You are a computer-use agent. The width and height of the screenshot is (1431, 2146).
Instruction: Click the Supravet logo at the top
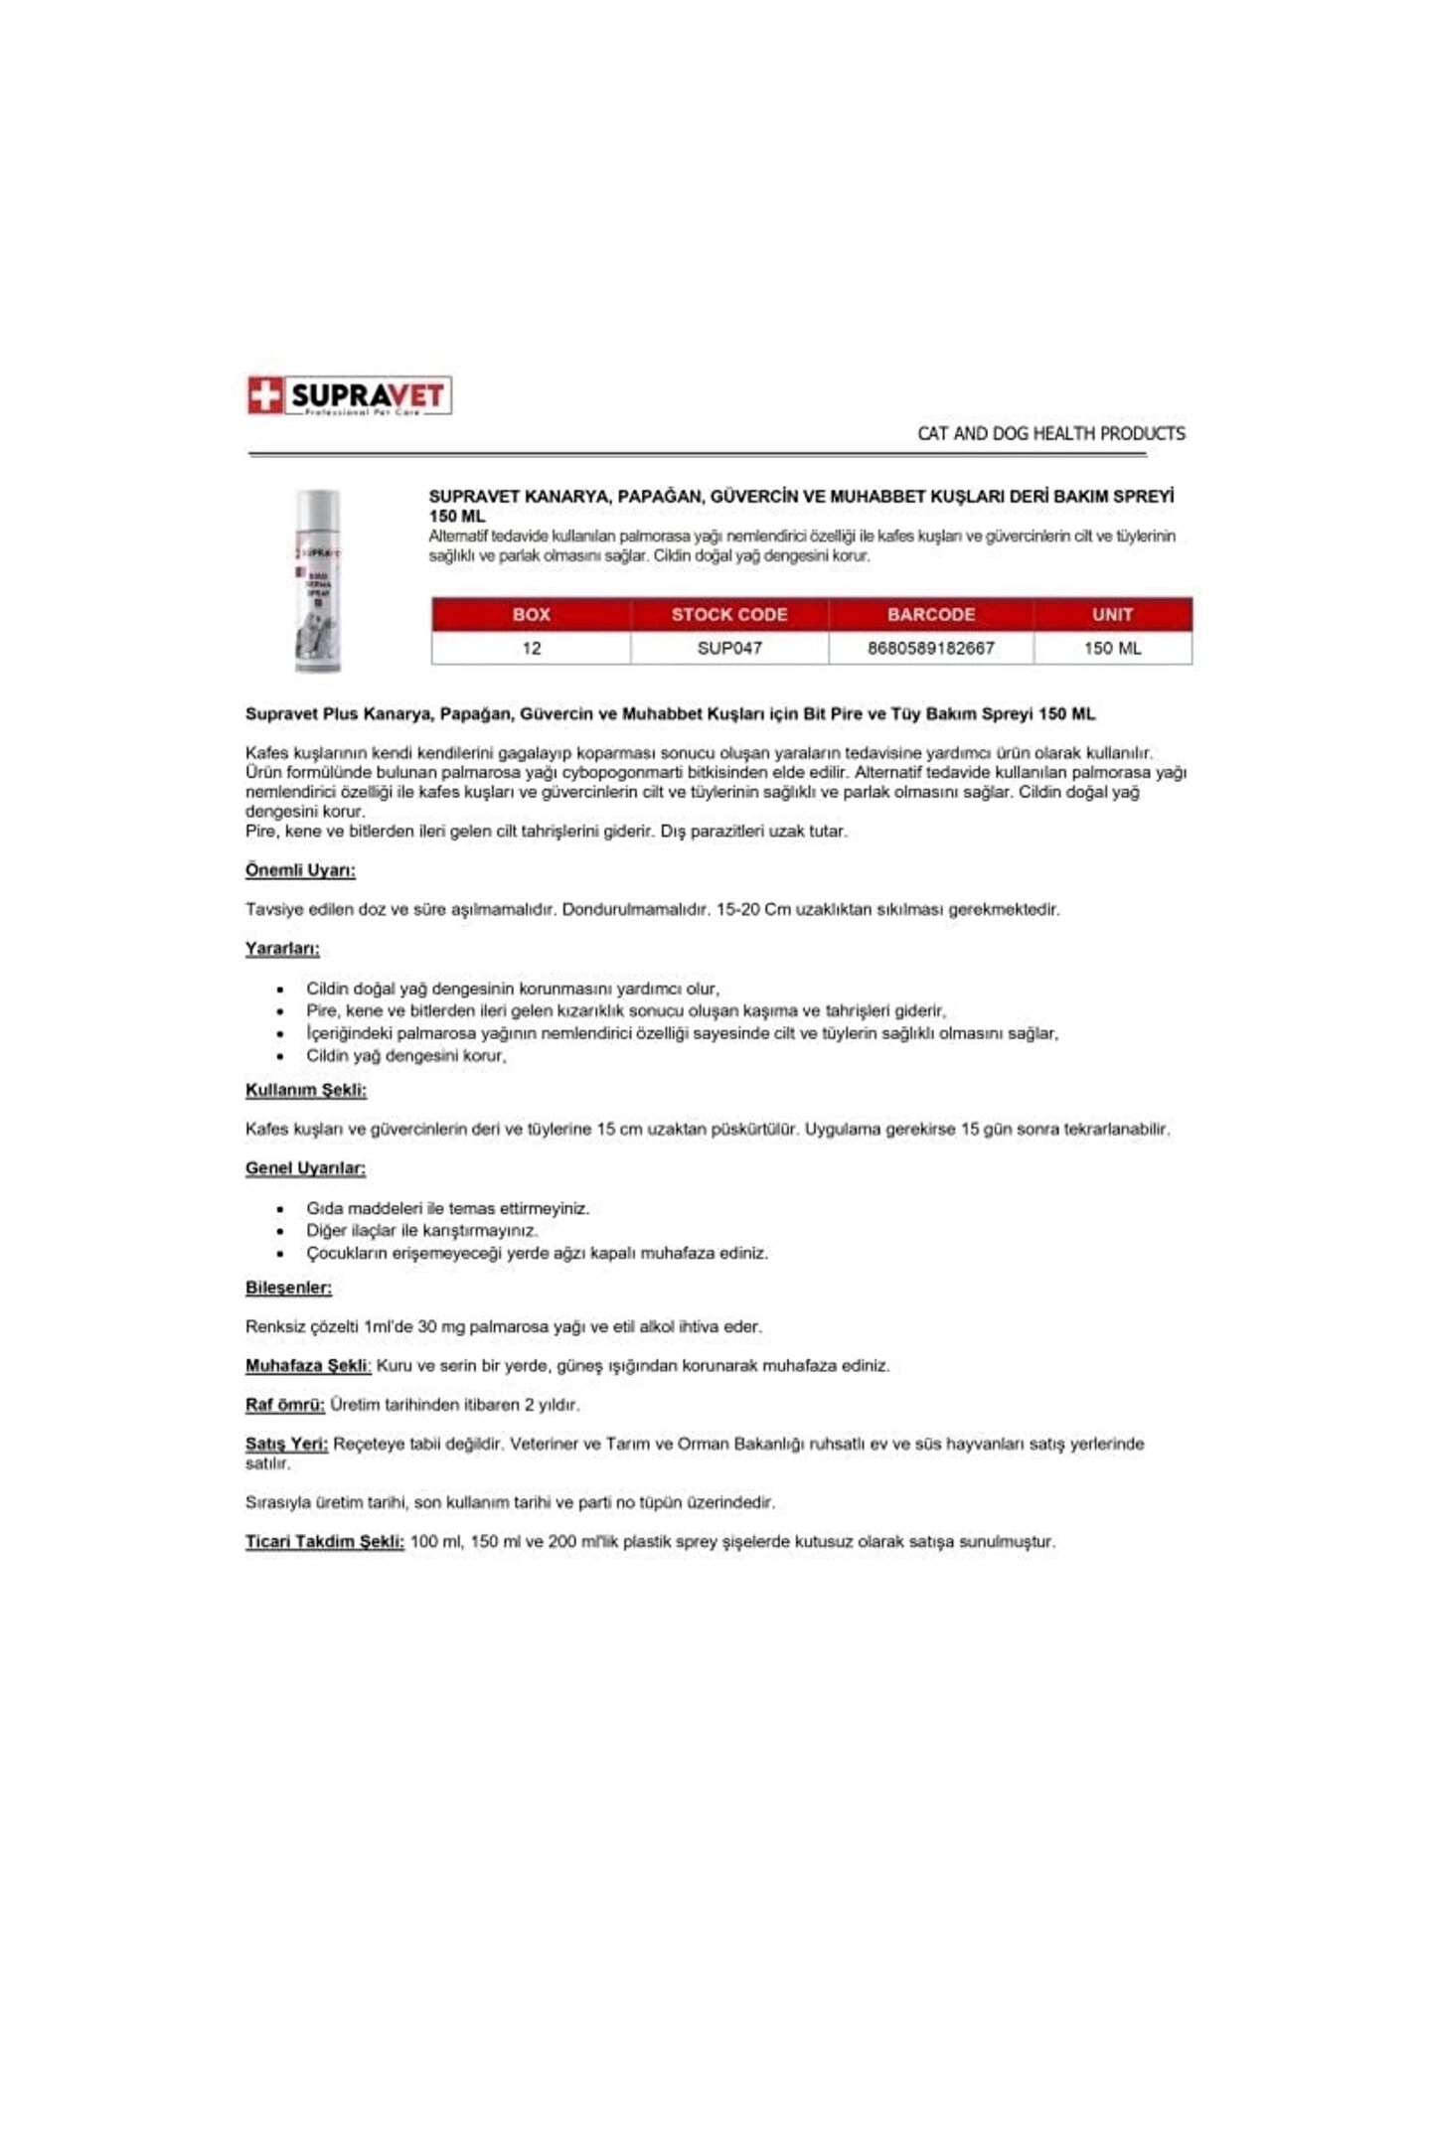point(349,395)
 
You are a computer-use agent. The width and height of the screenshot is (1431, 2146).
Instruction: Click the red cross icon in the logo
point(264,396)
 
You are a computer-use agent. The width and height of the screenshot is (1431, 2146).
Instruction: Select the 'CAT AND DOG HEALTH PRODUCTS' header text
point(1050,433)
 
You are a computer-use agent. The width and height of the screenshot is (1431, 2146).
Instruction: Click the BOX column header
point(531,614)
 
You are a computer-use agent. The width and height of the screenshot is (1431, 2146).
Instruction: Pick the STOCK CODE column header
point(729,614)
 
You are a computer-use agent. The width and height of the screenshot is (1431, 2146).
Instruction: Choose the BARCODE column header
point(931,614)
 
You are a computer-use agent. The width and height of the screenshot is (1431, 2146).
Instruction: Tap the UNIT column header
point(1112,614)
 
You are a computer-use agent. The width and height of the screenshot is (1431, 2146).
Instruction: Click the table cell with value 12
point(531,648)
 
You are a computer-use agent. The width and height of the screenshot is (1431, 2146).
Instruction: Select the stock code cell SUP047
point(729,648)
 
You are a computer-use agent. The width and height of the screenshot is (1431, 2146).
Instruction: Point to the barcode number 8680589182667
point(931,648)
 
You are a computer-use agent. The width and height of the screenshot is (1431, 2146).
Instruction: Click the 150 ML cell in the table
point(1112,648)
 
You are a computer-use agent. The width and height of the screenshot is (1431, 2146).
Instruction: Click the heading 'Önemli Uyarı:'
point(300,870)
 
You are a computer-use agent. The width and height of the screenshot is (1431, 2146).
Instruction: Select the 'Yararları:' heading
point(282,949)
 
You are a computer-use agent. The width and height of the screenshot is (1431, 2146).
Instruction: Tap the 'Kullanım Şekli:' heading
point(306,1090)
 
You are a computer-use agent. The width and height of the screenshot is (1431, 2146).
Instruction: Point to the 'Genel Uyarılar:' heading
point(305,1168)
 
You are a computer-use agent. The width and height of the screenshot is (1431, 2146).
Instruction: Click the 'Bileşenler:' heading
point(288,1288)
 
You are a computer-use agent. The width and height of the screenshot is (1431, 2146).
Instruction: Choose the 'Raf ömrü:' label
point(285,1405)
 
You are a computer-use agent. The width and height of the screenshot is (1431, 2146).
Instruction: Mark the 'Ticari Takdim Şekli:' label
point(325,1542)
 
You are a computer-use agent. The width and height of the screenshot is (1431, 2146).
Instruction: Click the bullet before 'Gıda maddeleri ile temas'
point(281,1209)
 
